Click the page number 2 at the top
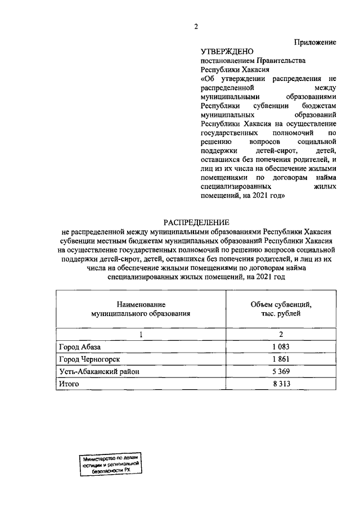coord(195,26)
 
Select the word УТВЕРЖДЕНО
coord(224,52)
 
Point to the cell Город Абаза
coord(81,347)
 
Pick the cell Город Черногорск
coord(89,359)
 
